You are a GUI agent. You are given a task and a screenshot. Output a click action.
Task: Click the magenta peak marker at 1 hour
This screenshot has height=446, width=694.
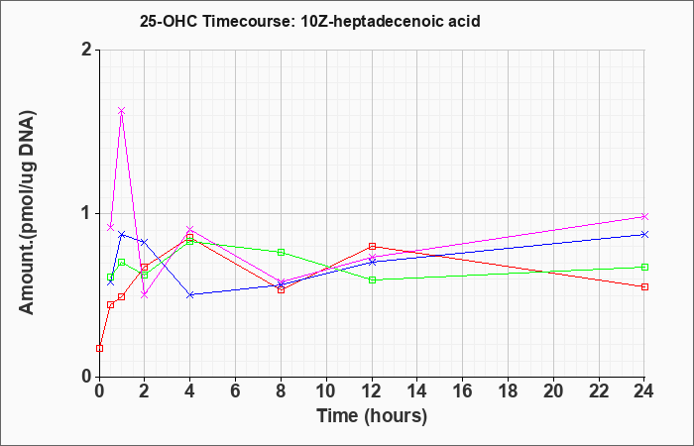[x=121, y=111]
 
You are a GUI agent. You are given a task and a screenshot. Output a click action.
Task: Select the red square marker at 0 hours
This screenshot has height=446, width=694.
[x=99, y=348]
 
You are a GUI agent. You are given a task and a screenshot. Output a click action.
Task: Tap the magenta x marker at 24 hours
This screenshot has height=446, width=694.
[x=644, y=216]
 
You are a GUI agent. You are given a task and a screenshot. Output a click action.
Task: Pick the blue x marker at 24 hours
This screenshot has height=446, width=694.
[x=644, y=234]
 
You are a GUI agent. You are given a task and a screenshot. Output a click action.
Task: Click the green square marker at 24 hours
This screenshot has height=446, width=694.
[x=644, y=267]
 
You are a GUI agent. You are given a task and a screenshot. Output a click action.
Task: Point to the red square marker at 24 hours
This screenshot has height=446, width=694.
[x=644, y=286]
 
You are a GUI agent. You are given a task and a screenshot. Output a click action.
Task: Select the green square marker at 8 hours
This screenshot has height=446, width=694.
[x=281, y=252]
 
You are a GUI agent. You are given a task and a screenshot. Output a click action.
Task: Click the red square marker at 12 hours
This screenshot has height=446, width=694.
[x=372, y=246]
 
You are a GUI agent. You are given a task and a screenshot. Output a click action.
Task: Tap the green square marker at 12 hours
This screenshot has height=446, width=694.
[x=372, y=279]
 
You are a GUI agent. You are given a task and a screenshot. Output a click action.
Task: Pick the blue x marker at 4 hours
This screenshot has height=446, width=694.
[x=190, y=294]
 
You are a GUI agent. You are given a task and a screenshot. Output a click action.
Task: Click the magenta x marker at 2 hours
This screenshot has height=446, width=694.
[x=145, y=294]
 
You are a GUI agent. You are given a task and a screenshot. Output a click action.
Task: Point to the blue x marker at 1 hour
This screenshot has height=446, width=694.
[x=121, y=234]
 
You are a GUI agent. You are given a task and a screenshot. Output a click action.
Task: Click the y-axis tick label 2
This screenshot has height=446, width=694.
[x=87, y=50]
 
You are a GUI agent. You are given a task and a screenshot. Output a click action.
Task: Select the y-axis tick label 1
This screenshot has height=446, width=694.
[x=87, y=214]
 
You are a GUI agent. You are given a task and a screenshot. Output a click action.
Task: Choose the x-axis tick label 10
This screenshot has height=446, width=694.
[x=326, y=390]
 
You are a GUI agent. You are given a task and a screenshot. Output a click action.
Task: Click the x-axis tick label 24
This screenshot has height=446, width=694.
[x=643, y=390]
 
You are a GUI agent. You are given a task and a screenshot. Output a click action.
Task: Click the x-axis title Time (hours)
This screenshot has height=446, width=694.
[x=372, y=416]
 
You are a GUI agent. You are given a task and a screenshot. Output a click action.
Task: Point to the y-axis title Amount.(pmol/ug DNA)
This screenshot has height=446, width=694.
[x=28, y=212]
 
